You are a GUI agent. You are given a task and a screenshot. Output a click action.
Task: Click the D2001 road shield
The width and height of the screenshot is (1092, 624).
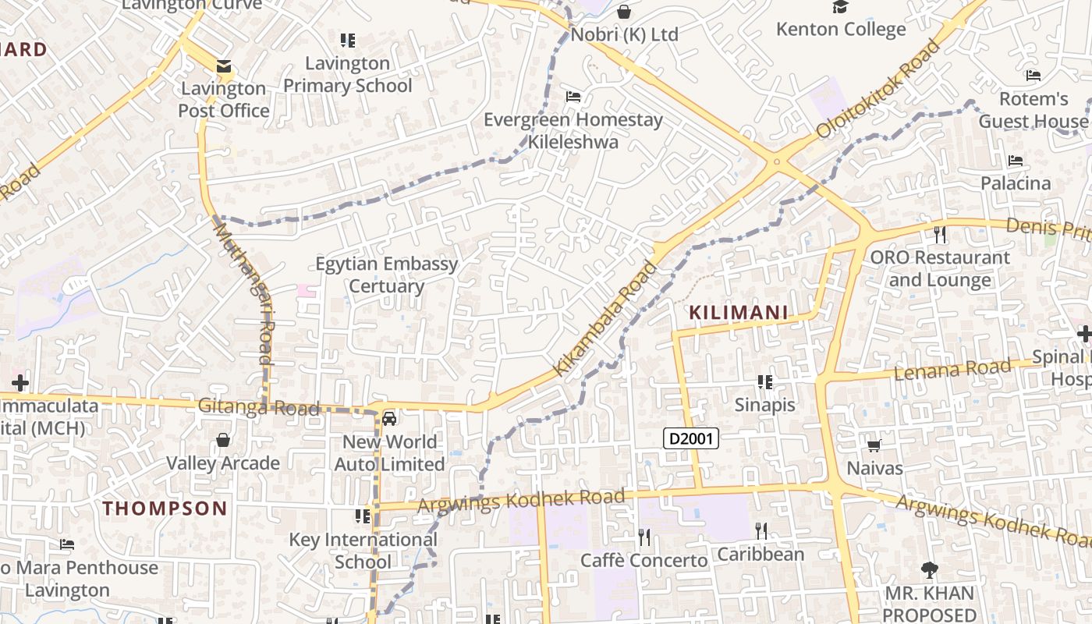690,438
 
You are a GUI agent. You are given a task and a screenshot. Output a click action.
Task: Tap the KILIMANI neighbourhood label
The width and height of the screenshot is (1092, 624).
738,313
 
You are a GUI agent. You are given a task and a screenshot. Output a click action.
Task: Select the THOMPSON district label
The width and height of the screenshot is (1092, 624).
165,509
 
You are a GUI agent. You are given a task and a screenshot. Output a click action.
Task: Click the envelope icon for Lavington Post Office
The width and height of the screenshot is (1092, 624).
224,66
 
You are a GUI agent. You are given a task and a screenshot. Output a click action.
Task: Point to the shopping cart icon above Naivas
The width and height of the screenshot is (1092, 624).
874,445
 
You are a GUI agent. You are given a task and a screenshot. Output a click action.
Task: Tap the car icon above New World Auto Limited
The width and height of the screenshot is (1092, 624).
389,419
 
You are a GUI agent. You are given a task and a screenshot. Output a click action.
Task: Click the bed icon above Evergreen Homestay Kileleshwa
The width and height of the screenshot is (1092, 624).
573,97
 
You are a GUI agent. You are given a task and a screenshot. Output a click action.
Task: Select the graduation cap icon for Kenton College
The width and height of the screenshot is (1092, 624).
840,7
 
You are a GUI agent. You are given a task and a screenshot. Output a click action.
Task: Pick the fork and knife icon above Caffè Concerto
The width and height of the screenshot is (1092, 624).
644,537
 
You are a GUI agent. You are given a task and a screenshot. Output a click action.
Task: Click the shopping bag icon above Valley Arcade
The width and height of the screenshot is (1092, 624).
223,440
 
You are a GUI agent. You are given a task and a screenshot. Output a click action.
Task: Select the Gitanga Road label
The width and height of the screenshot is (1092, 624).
258,406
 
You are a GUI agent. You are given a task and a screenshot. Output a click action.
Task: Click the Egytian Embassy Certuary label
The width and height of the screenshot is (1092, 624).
386,275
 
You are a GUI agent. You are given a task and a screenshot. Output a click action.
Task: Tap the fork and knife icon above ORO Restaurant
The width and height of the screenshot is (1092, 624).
939,233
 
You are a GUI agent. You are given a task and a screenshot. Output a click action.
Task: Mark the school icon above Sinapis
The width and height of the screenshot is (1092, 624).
765,381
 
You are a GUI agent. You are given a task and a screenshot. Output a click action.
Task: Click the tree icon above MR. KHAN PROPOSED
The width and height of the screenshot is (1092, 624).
929,570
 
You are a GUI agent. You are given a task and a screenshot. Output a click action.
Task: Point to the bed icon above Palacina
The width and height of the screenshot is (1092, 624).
1015,160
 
